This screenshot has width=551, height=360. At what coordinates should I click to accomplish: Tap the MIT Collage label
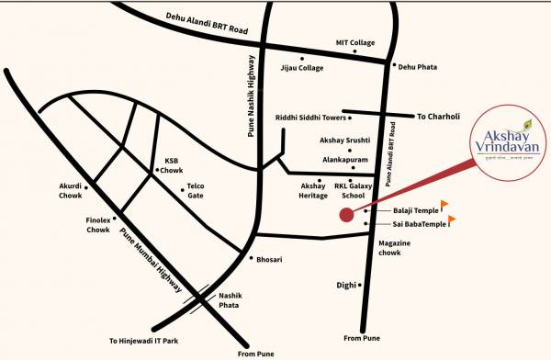354,43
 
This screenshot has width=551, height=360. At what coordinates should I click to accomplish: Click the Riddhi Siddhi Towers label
310,118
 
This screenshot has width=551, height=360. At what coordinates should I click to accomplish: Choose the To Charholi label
437,118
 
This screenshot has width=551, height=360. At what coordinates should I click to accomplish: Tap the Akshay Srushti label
341,141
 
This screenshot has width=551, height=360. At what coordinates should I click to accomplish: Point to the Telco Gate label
196,190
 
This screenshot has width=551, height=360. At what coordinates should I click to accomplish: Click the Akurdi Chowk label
71,189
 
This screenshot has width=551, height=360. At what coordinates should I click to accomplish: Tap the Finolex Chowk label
98,225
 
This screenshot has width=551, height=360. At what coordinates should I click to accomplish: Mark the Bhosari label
269,260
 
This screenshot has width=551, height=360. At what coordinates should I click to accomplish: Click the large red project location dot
346,216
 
